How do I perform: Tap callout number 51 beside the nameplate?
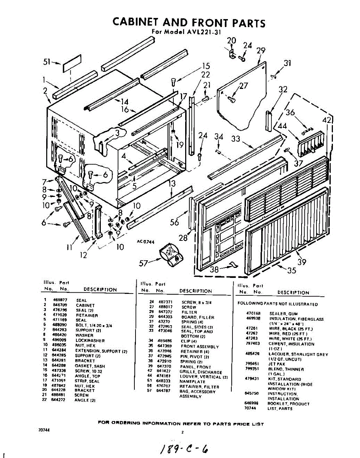47,63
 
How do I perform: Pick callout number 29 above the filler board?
261,50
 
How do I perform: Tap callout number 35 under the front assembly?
292,271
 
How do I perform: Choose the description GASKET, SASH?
90,366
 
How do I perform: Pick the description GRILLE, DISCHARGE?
201,372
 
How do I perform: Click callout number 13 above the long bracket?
172,184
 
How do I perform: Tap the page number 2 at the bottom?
182,432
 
